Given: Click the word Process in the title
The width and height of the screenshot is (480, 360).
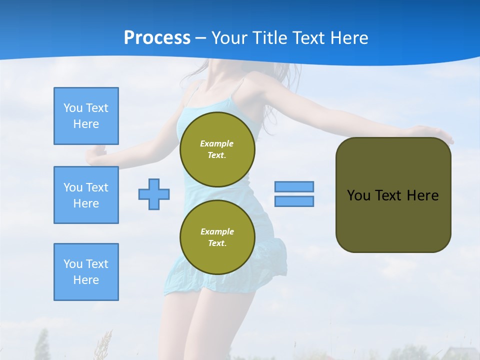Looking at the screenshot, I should coord(157,38).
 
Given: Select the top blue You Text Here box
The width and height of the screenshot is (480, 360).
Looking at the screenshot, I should coord(86,116).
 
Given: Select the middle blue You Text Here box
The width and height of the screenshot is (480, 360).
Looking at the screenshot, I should coord(86,195).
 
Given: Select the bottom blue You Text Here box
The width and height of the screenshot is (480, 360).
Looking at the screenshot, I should coord(86,272).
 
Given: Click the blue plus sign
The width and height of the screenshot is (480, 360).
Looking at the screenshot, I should coord(154,194).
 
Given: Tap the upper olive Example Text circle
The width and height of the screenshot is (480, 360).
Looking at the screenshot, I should coord(217,149).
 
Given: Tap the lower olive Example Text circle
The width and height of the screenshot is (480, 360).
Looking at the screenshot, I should coord(217,237).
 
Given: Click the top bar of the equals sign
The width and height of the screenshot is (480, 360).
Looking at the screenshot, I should coord(294,186).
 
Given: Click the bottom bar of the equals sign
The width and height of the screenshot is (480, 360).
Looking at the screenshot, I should coord(294,201).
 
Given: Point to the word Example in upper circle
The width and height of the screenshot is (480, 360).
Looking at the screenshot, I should coord(217,143).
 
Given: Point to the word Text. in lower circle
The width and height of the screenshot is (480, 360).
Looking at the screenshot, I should coord(217,243).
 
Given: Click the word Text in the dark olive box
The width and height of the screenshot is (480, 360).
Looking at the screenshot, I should coord(388,195).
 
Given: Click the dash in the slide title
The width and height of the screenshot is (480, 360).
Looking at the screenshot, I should coord(201,38).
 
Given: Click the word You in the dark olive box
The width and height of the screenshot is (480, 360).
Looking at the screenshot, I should coord(358,195).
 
